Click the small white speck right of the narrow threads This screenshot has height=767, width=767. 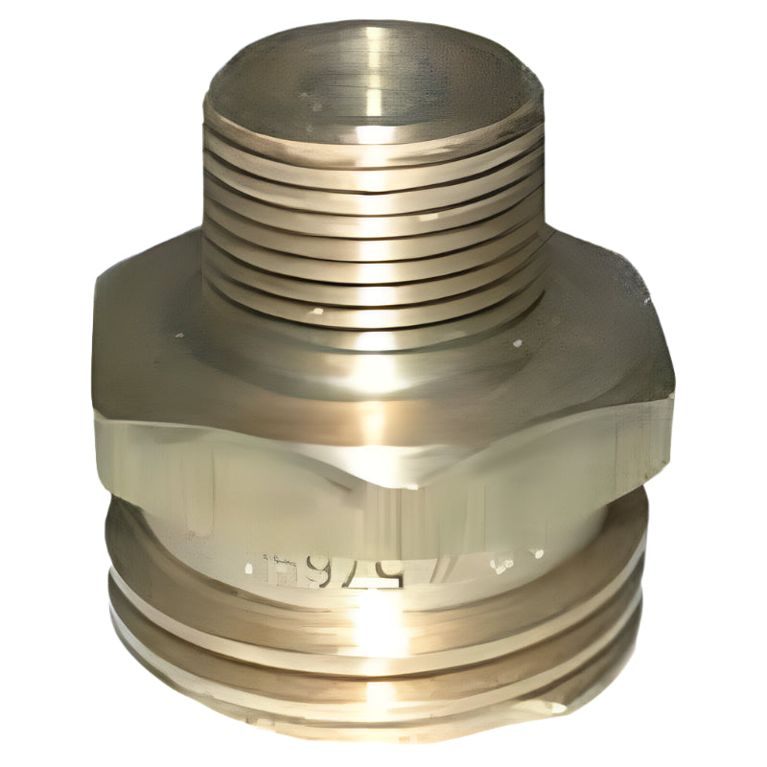click(x=519, y=342)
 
